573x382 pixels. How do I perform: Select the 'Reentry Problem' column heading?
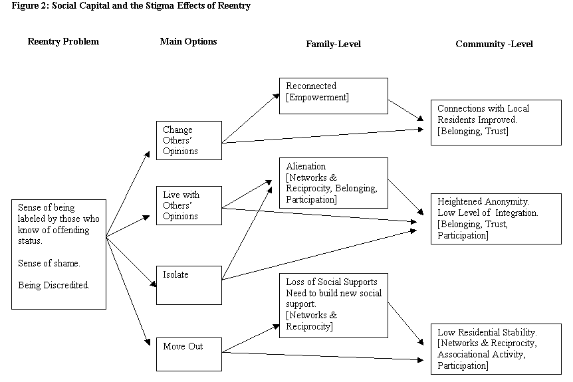coord(63,41)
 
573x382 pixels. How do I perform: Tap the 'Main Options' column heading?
coord(188,41)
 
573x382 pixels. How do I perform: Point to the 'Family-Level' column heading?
coord(333,44)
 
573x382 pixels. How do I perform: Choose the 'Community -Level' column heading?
coord(494,44)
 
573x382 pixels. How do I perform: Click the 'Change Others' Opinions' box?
coord(189,140)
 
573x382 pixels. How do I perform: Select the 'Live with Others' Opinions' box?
coord(189,206)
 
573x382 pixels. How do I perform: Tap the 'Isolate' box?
coord(189,285)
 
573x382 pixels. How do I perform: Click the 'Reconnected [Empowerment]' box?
coord(333,96)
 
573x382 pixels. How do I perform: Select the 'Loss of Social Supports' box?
coord(333,304)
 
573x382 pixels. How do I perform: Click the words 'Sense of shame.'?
coord(49,264)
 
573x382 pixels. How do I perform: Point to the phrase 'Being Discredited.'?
coord(53,285)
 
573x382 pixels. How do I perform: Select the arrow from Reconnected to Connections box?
coord(405,110)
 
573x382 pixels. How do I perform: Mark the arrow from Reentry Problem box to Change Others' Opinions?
coord(128,193)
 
